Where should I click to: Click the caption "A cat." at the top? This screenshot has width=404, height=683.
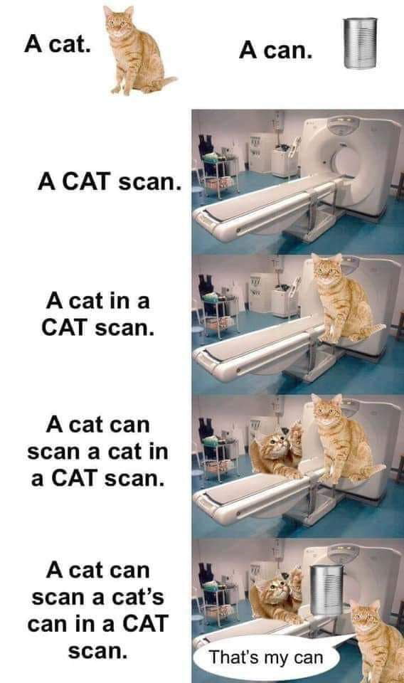[57, 44]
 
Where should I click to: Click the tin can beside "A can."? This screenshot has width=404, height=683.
[360, 43]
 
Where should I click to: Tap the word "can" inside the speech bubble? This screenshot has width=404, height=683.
[308, 658]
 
